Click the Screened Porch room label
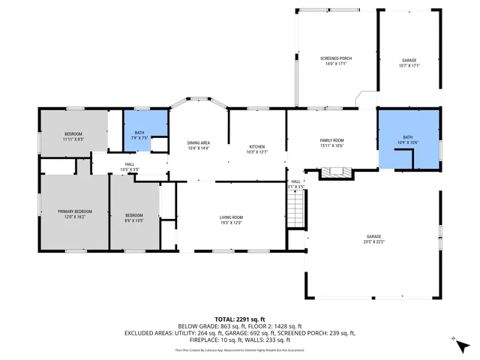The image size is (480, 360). coord(335,58)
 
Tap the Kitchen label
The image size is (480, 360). coord(256,146)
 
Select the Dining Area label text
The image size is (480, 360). coord(198,142)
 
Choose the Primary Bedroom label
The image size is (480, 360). coord(75,211)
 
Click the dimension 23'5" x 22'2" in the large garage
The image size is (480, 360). coord(373,241)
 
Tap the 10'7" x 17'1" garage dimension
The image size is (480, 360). coord(409,65)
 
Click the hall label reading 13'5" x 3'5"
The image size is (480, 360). coord(130,167)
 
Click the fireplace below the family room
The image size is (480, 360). coord(335,173)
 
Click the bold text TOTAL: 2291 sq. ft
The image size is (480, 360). coord(240,319)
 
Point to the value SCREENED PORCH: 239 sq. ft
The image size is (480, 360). coord(319,332)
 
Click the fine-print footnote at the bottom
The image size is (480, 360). coord(240,349)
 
